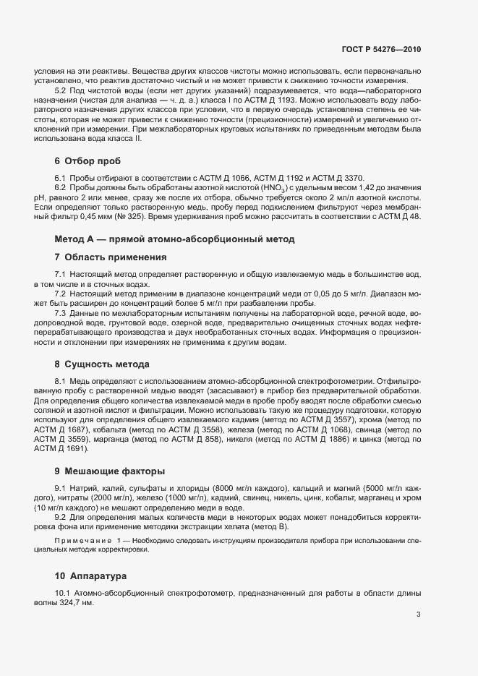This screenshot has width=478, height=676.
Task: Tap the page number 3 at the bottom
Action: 418,615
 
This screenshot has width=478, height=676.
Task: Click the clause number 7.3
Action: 61,313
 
